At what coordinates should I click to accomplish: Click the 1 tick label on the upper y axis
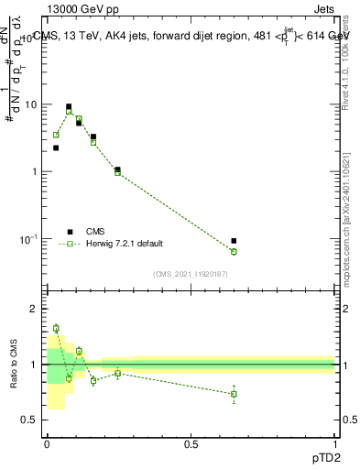tap(35, 172)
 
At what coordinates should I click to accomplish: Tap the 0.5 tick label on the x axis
tap(191, 443)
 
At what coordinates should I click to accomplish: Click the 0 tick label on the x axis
tap(47, 443)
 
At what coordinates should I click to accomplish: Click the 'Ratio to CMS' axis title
tap(14, 365)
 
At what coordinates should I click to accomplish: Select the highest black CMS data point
tap(69, 106)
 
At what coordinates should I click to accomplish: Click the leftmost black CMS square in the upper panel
tap(56, 147)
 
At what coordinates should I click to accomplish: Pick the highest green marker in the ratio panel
tap(56, 328)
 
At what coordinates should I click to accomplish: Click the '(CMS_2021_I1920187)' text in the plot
tap(191, 273)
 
